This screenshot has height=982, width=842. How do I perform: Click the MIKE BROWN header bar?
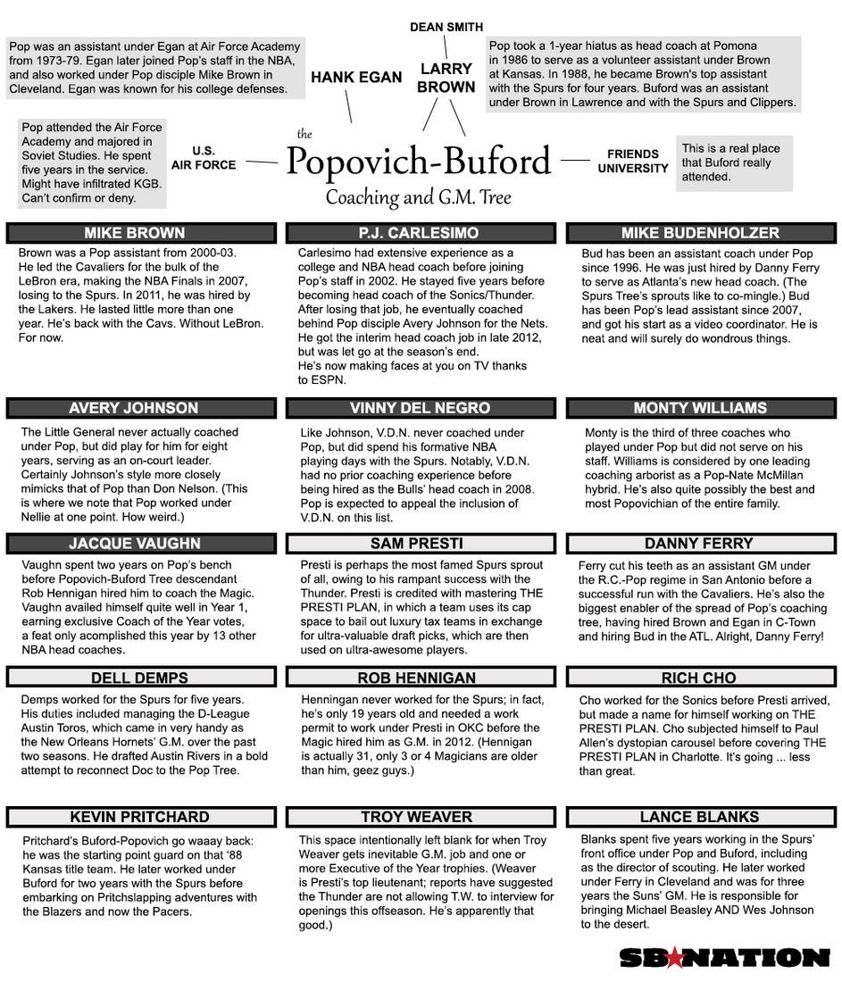tap(134, 233)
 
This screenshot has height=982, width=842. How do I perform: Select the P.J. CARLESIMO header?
tap(420, 233)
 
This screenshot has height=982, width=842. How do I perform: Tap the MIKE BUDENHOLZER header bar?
tap(700, 233)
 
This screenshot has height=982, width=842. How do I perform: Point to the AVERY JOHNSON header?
tap(134, 408)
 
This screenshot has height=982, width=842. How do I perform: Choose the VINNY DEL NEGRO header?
tap(420, 408)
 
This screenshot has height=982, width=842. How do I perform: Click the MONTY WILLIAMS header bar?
tap(700, 408)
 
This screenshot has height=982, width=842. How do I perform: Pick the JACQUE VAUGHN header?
tap(134, 543)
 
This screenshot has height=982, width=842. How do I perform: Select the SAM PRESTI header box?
tap(420, 543)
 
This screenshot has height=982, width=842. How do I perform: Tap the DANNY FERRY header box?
tap(700, 543)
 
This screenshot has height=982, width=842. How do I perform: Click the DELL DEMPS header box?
tap(134, 678)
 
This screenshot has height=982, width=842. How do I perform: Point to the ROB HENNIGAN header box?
tap(420, 678)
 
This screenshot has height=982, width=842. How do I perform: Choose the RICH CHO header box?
tap(700, 678)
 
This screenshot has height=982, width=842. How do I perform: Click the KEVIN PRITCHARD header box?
tap(134, 817)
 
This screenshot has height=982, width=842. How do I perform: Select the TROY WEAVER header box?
tap(420, 817)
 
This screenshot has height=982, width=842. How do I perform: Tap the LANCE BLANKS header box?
tap(700, 817)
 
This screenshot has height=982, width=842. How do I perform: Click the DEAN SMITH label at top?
tap(446, 27)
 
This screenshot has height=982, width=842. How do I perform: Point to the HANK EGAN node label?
tap(356, 78)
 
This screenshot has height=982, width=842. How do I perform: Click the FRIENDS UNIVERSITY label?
tap(633, 161)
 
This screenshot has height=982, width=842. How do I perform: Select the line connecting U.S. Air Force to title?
tap(261, 162)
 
